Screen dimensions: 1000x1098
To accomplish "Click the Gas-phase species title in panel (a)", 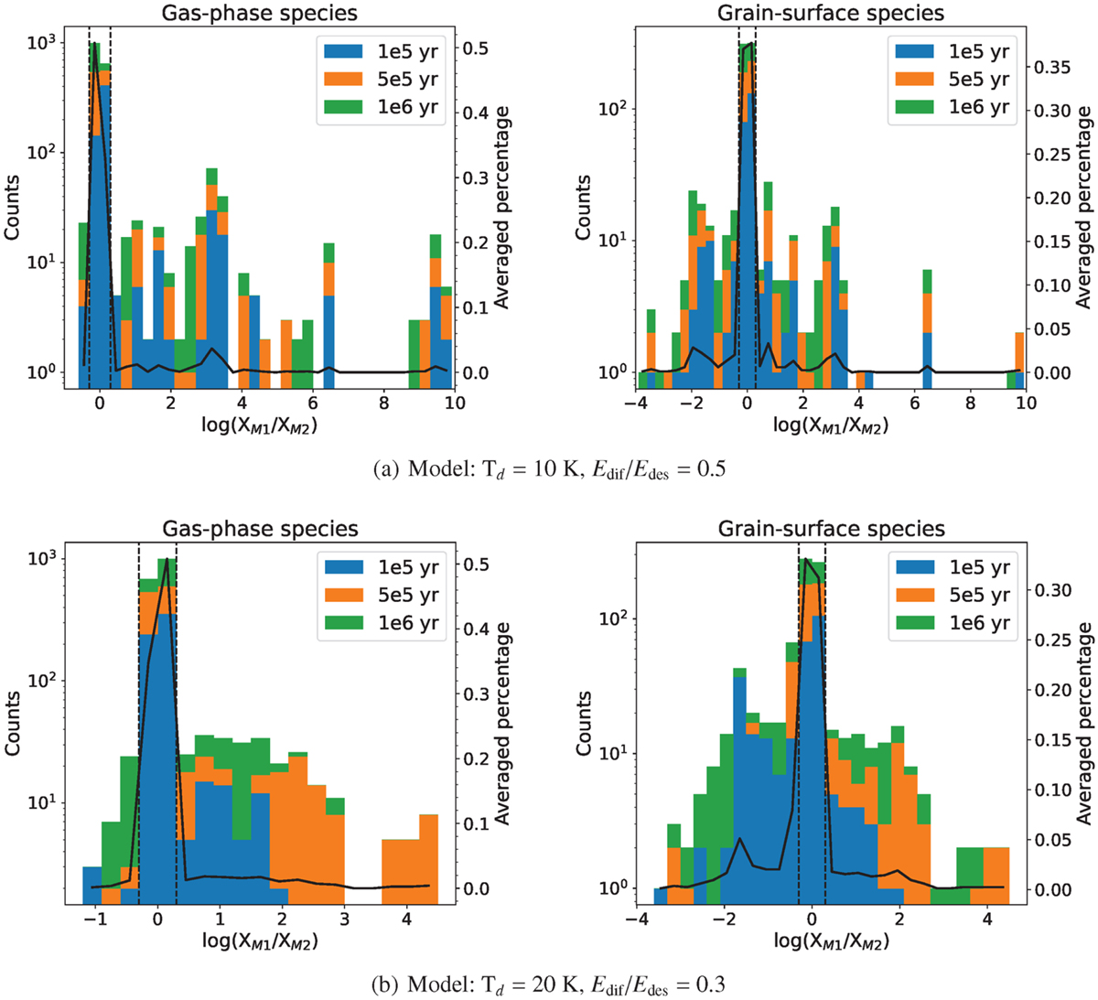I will tap(260, 13).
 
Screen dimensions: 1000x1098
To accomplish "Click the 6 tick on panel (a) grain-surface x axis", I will tap(915, 403).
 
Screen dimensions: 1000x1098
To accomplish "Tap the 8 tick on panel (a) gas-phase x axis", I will tap(384, 403).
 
